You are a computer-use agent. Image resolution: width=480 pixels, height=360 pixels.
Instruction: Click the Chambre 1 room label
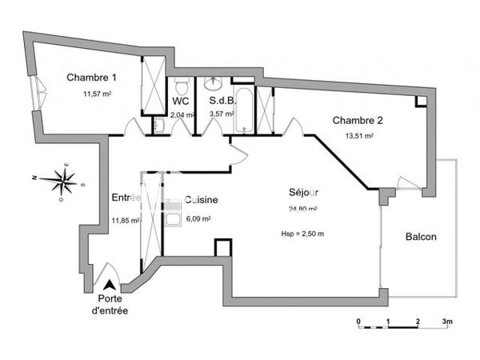tap(91, 78)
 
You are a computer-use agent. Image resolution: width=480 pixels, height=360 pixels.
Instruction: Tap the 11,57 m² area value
tap(97, 94)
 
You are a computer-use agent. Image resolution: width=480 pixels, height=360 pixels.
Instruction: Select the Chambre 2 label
tap(358, 121)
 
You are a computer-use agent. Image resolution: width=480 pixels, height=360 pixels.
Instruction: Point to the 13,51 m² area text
tap(360, 136)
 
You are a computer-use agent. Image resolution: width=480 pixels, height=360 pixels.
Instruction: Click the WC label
tap(180, 102)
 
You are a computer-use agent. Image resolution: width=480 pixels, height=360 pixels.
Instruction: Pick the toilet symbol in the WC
tap(182, 86)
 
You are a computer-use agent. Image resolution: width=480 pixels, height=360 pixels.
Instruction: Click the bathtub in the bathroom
tap(243, 108)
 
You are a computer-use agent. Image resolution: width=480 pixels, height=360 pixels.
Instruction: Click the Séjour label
tap(304, 193)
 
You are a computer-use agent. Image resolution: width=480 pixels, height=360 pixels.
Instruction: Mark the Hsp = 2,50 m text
tap(303, 233)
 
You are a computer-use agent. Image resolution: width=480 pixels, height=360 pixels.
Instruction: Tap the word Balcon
tap(421, 238)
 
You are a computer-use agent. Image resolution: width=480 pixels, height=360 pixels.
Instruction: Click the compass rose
tap(62, 181)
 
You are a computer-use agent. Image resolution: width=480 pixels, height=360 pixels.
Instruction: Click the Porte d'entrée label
tap(107, 305)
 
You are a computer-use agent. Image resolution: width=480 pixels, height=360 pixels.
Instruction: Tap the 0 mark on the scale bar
tap(359, 322)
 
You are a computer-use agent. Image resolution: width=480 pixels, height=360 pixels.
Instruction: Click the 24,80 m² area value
tap(303, 210)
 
